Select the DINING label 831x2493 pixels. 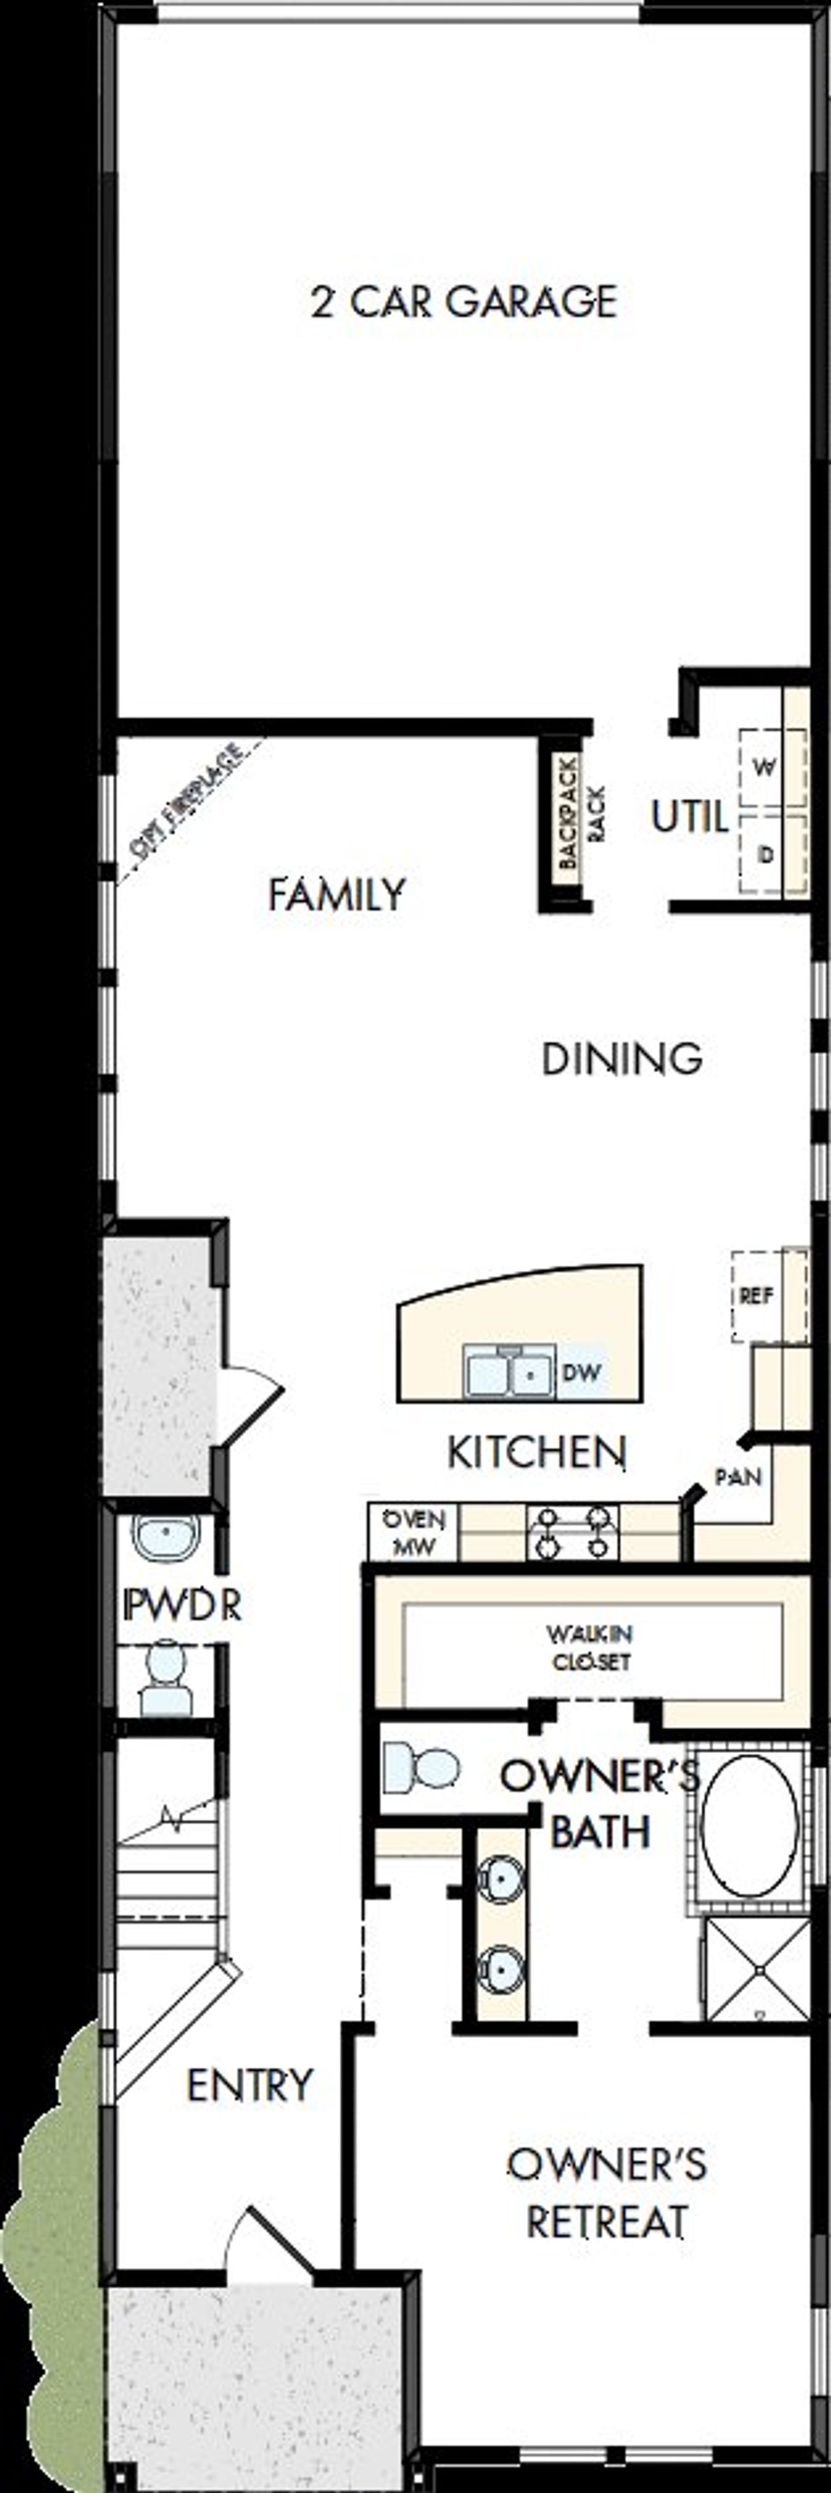(621, 1059)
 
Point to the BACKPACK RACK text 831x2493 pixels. (580, 813)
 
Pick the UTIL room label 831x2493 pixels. (689, 818)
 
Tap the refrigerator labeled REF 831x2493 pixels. (756, 1295)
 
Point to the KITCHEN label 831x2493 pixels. (536, 1452)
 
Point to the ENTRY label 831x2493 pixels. (249, 2085)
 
